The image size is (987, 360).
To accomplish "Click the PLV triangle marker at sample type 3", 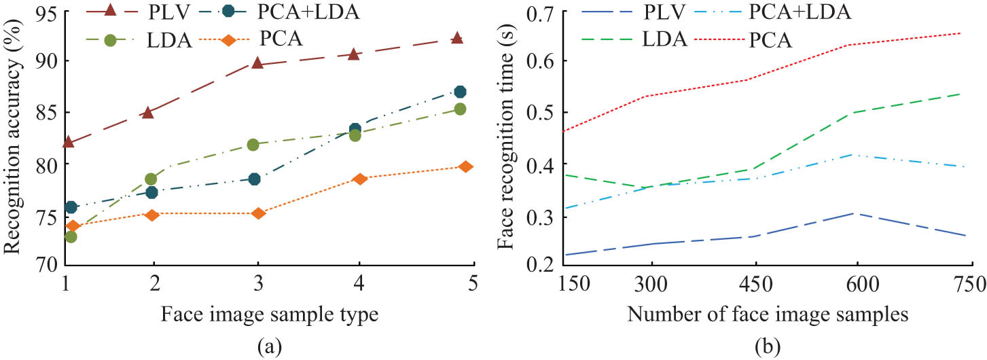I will click(257, 62).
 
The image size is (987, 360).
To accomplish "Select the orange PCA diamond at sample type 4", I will click(359, 179).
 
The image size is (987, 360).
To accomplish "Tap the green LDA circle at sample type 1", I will click(71, 236).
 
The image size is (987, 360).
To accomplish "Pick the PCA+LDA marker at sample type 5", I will click(460, 92).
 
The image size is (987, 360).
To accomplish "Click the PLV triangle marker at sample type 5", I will click(457, 38).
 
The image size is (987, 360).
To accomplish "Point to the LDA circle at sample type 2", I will click(151, 179).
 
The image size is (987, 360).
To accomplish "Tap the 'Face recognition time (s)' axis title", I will click(504, 139).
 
